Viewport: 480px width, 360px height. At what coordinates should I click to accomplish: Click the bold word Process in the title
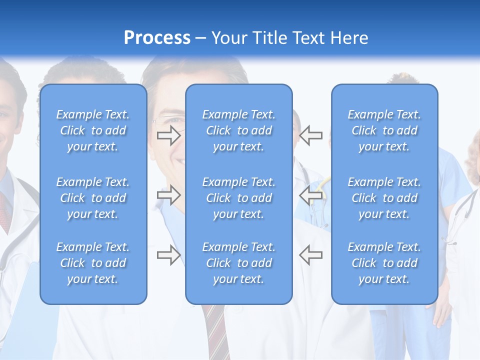[x=157, y=38]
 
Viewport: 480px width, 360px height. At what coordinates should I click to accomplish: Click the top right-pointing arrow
[x=169, y=135]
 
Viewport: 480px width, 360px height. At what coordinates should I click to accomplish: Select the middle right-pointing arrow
[x=169, y=194]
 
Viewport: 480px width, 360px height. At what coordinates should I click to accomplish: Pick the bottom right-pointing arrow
[x=169, y=255]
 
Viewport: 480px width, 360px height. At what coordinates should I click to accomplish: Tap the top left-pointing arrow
[x=311, y=135]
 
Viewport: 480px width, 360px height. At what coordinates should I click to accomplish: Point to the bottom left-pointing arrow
[x=311, y=255]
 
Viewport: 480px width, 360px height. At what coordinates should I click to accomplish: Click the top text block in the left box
[x=93, y=130]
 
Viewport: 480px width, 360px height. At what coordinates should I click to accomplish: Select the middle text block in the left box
[x=93, y=198]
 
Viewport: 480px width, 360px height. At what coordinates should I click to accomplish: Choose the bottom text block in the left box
[x=93, y=263]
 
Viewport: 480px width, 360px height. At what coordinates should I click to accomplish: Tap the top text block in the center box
[x=239, y=130]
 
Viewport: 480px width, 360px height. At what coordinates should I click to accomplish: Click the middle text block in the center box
[x=239, y=198]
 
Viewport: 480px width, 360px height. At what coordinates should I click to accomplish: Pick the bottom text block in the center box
[x=239, y=263]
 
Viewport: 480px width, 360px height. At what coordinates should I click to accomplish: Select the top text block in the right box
[x=384, y=130]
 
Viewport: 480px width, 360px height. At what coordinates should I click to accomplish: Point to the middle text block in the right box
[x=384, y=198]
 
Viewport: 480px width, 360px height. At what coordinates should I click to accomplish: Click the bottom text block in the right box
[x=384, y=263]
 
